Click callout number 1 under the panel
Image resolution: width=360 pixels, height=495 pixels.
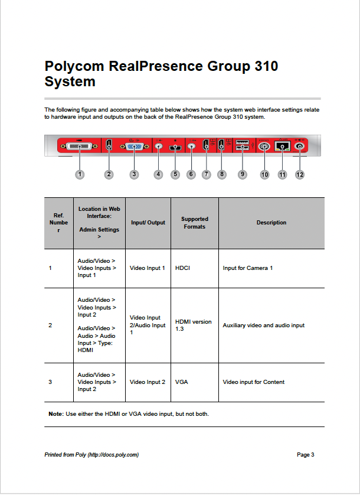[80, 174]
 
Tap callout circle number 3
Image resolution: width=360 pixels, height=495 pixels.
[134, 174]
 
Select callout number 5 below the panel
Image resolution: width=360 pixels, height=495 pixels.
[175, 174]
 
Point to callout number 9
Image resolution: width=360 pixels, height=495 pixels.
[242, 174]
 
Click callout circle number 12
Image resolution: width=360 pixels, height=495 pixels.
[300, 174]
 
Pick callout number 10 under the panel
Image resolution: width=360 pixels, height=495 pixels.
[264, 174]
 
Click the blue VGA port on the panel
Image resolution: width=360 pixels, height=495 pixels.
[134, 146]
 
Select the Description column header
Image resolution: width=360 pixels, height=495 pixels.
[271, 223]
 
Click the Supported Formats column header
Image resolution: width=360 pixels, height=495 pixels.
[194, 223]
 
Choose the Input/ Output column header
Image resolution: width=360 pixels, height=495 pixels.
[148, 223]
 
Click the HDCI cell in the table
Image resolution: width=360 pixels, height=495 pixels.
[182, 268]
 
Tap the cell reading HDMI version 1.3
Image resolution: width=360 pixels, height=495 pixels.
[193, 325]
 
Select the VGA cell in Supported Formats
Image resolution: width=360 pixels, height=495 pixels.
[181, 382]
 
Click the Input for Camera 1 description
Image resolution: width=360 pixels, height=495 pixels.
[247, 268]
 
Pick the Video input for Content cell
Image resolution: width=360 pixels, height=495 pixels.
[253, 382]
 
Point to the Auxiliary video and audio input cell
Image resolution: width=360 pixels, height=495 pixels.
[263, 325]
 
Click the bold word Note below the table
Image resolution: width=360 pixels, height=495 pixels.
[55, 414]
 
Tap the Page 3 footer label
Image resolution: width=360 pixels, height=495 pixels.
[305, 455]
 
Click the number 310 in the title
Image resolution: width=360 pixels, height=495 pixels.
[263, 66]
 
